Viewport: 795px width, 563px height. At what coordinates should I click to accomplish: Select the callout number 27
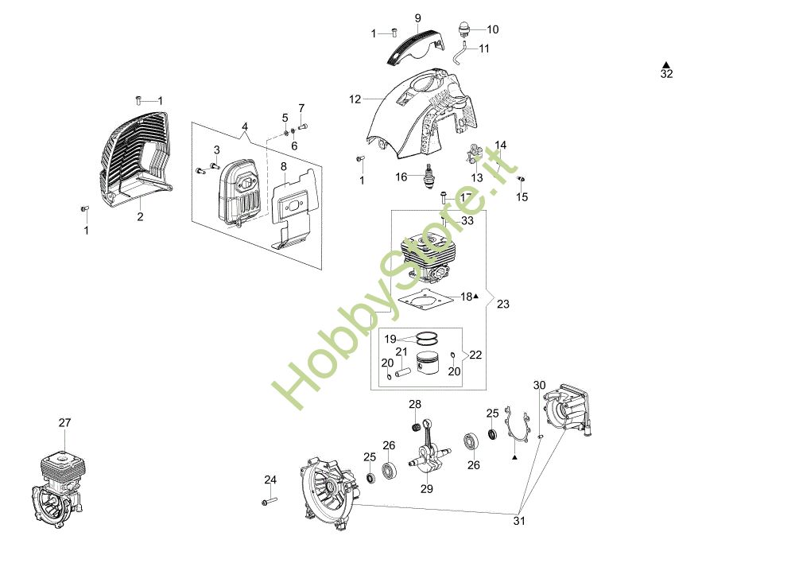(65, 424)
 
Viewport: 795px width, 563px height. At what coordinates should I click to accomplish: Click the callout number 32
(666, 74)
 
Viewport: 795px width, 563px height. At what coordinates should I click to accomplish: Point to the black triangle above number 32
(666, 63)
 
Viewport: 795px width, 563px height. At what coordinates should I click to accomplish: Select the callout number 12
(355, 99)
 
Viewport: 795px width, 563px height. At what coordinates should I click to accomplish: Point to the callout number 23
(503, 304)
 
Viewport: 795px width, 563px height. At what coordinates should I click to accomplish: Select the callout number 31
(519, 522)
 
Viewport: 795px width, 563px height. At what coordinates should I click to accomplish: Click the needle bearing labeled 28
(414, 428)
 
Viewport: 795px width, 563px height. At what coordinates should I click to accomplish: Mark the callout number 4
(245, 126)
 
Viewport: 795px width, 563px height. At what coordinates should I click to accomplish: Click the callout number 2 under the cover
(141, 216)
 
